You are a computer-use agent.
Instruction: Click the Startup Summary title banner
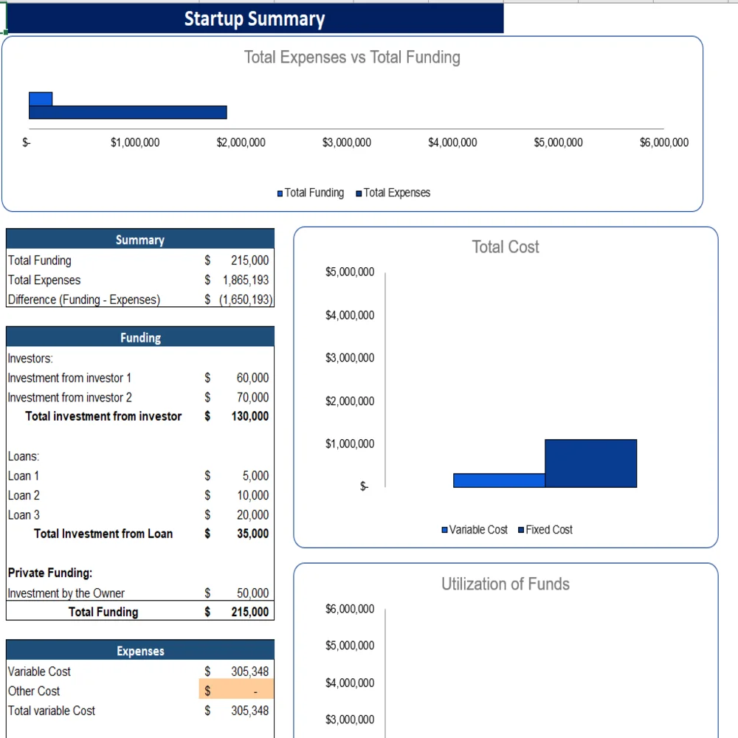pyautogui.click(x=255, y=18)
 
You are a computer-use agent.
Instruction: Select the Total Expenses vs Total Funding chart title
pyautogui.click(x=352, y=58)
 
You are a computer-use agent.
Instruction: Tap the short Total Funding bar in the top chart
pyautogui.click(x=41, y=99)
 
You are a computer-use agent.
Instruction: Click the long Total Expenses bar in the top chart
pyautogui.click(x=128, y=112)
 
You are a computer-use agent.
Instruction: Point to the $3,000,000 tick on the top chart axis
pyautogui.click(x=347, y=142)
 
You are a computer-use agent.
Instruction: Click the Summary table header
pyautogui.click(x=140, y=240)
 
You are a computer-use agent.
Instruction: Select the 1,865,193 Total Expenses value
pyautogui.click(x=246, y=280)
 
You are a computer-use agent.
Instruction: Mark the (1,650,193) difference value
pyautogui.click(x=246, y=300)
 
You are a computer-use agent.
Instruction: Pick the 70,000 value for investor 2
pyautogui.click(x=252, y=397)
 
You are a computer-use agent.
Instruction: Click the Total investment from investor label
pyautogui.click(x=103, y=416)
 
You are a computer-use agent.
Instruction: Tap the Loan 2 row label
pyautogui.click(x=24, y=495)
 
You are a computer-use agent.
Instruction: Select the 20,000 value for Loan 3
pyautogui.click(x=252, y=515)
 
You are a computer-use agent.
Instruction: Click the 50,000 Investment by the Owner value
pyautogui.click(x=252, y=593)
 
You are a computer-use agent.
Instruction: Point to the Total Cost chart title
pyautogui.click(x=506, y=247)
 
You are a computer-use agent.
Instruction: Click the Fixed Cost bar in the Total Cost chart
pyautogui.click(x=590, y=463)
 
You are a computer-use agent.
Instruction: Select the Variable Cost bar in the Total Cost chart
pyautogui.click(x=499, y=480)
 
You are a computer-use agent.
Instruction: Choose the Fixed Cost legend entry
pyautogui.click(x=548, y=530)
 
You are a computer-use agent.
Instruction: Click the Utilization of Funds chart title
pyautogui.click(x=506, y=584)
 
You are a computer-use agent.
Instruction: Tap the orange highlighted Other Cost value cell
pyautogui.click(x=236, y=691)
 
